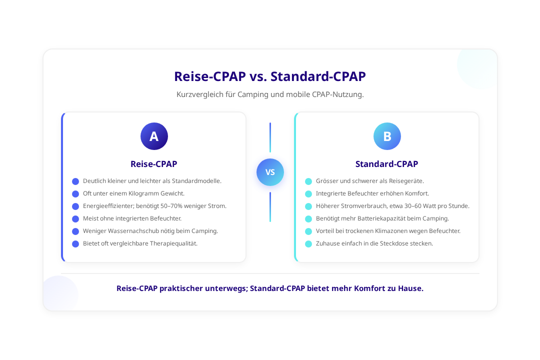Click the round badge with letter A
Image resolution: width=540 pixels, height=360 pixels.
tap(154, 136)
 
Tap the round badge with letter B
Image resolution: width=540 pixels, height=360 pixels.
tap(387, 136)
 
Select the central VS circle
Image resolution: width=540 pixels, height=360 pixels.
tap(270, 172)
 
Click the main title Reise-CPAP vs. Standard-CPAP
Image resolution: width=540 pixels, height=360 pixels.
tap(270, 76)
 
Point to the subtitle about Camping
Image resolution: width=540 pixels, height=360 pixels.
tap(270, 94)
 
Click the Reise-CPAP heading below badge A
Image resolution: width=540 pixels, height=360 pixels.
tap(154, 164)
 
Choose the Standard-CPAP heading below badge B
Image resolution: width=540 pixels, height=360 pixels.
tap(387, 164)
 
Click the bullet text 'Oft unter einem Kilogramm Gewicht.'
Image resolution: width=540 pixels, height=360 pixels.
tap(133, 193)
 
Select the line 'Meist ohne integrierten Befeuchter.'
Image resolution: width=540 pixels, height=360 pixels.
tap(132, 218)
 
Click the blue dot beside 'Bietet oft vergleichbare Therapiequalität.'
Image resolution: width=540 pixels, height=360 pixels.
tap(75, 244)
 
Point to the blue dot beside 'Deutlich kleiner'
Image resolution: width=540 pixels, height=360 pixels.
tap(75, 181)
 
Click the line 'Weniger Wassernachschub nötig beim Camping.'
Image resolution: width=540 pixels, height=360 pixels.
tap(150, 231)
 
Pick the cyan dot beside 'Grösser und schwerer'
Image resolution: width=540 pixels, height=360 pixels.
tap(308, 181)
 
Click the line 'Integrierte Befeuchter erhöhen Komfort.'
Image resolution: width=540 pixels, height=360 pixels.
tap(372, 193)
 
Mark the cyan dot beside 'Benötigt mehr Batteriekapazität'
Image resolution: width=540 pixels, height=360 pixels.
tap(308, 219)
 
